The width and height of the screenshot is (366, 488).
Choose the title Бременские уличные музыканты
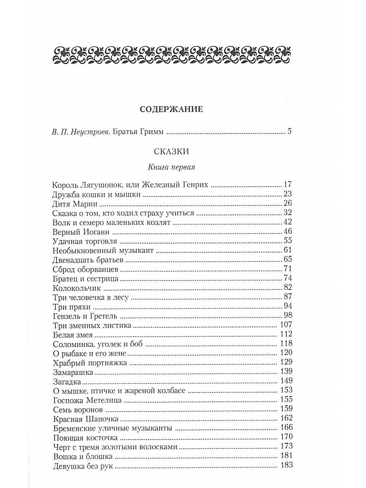[112, 428]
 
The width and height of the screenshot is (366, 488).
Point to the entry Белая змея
[73, 335]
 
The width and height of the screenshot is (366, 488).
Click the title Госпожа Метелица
[88, 399]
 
